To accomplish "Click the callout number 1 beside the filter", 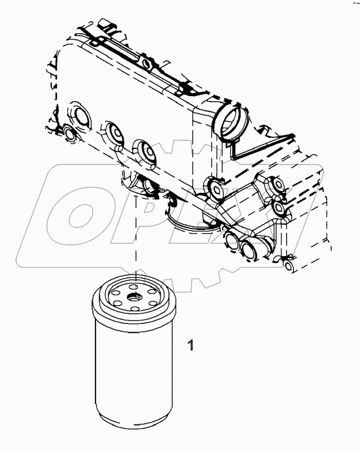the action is (x=190, y=345).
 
